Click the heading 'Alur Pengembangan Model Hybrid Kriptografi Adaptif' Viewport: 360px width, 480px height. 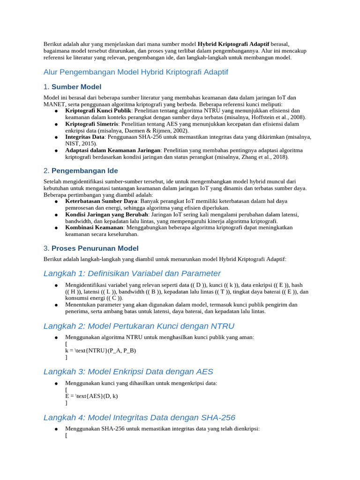(135, 72)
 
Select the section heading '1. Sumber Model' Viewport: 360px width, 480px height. (72, 87)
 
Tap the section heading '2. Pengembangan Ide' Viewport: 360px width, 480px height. (80, 171)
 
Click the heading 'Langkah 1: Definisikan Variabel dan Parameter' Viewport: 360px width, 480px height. (132, 273)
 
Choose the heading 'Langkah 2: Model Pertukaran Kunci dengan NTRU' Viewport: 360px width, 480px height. (139, 326)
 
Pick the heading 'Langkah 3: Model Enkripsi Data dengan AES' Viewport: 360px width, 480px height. (128, 372)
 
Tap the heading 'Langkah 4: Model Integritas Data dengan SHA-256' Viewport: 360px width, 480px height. (139, 417)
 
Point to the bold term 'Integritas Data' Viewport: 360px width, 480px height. (85, 137)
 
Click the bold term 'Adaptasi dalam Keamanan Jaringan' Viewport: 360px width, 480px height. (113, 150)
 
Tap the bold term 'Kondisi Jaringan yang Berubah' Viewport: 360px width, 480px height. (106, 214)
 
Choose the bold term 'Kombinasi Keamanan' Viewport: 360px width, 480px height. (94, 227)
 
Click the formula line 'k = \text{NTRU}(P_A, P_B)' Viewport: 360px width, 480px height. (100, 350)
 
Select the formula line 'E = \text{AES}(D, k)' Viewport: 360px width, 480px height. (91, 396)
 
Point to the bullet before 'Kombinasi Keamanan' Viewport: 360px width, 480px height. (56, 228)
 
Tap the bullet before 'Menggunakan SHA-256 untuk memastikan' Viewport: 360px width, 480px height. (56, 429)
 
